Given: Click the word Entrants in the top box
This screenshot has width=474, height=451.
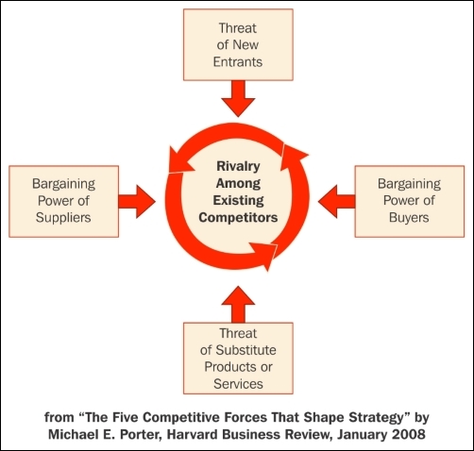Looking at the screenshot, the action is (238, 61).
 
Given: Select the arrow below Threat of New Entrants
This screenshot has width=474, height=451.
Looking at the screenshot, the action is (238, 98).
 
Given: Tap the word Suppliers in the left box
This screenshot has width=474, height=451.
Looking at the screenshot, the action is (63, 218).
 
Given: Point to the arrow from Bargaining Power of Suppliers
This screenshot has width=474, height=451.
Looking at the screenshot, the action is (137, 201).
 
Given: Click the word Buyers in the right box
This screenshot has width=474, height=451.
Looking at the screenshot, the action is (409, 218).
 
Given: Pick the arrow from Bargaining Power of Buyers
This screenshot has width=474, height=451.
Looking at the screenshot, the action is (336, 201).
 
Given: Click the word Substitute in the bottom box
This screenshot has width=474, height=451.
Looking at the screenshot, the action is (246, 350).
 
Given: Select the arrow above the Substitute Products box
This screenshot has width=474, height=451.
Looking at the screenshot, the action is (238, 304).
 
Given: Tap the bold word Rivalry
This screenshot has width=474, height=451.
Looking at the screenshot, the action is (238, 166).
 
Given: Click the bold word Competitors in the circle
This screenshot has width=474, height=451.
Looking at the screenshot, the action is (238, 218).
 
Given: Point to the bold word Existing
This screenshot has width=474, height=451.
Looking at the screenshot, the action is (238, 200).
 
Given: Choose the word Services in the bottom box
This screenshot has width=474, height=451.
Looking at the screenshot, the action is (238, 384).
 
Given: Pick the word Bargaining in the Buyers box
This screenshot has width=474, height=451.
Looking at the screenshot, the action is (409, 184).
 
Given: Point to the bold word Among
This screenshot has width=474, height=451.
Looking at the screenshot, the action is (238, 183).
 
